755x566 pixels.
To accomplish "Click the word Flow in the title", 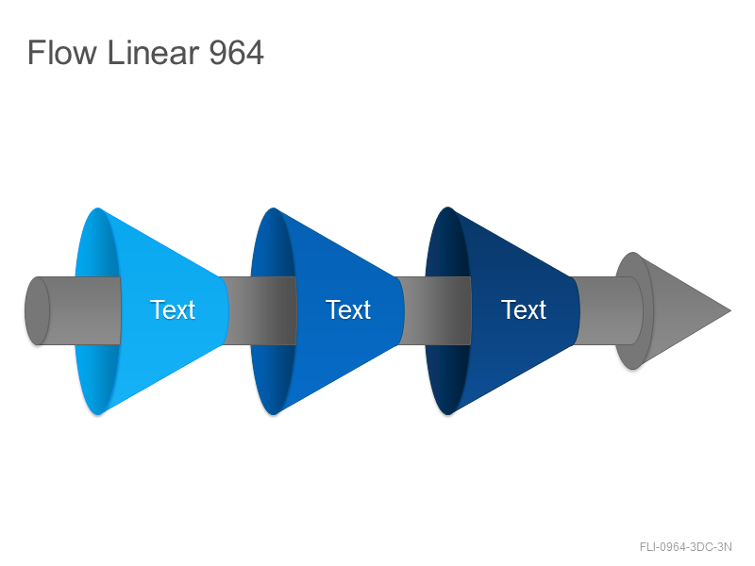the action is click(x=62, y=52).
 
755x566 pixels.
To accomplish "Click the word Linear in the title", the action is click(x=153, y=52).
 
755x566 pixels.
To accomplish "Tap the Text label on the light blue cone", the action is click(x=173, y=309).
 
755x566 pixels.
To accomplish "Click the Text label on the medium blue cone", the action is click(x=348, y=309).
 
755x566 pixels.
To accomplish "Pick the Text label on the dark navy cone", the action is click(x=524, y=309).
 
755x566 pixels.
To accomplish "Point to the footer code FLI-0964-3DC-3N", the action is click(x=686, y=547).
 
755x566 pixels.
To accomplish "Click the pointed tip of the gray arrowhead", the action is click(x=730, y=310).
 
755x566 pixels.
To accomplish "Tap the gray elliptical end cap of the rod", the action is click(x=37, y=310).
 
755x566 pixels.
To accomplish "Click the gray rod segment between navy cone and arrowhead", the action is click(x=608, y=310).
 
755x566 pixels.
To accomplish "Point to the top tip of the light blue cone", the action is click(x=98, y=208).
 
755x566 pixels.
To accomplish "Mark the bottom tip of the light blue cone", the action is click(x=98, y=413).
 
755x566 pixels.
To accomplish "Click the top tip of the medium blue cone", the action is click(x=273, y=208).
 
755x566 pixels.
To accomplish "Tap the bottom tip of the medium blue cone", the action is click(x=273, y=413).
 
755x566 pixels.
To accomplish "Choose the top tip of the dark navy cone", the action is click(x=447, y=208).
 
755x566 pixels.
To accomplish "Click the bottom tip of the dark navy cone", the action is click(x=447, y=413).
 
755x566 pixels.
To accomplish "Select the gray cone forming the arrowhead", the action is click(x=674, y=310).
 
